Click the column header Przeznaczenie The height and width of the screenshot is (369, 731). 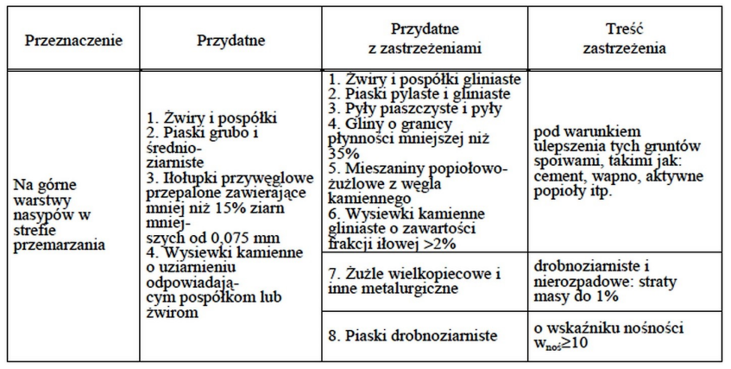72,41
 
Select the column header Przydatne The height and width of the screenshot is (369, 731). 230,41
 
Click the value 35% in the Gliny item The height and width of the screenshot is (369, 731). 343,152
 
